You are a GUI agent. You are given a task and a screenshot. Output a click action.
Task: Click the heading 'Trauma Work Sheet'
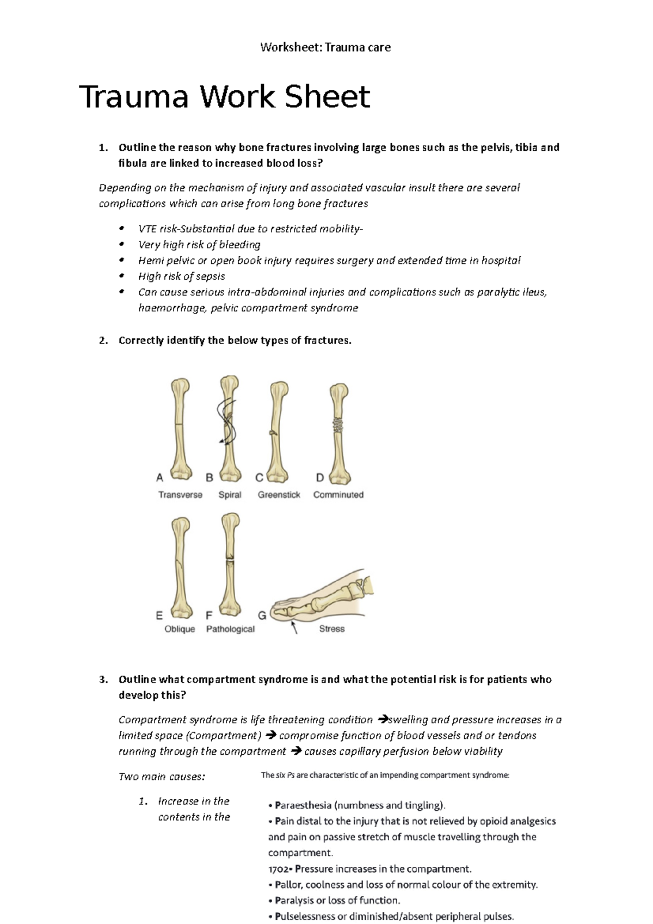(x=225, y=97)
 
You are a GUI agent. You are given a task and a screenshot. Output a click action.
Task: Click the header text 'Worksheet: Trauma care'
(x=325, y=47)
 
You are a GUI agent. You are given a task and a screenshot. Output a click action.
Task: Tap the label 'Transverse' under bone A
(x=180, y=495)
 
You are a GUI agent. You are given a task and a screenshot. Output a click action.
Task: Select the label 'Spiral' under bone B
(x=230, y=495)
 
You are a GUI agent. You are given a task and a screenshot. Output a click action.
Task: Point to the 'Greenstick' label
(x=279, y=495)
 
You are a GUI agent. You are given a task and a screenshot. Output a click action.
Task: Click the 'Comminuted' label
(x=338, y=495)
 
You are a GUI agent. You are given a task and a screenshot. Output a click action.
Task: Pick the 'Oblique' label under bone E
(x=180, y=629)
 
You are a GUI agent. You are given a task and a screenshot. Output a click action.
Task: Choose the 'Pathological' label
(x=230, y=629)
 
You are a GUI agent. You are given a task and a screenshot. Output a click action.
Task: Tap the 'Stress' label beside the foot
(x=331, y=629)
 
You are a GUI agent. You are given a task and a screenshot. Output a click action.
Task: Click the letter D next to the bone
(x=320, y=478)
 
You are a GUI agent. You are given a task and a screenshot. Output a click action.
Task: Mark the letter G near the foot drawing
(x=262, y=615)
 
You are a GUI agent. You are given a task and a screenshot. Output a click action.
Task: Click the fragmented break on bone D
(x=338, y=425)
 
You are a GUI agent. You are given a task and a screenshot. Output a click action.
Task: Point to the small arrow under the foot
(x=294, y=628)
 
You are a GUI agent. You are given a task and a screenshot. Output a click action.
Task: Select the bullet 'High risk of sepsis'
(x=181, y=276)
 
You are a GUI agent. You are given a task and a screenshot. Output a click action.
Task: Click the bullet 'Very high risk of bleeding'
(x=199, y=245)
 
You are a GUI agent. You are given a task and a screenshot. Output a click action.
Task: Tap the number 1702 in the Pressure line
(x=279, y=869)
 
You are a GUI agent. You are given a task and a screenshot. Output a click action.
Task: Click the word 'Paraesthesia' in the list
(x=303, y=805)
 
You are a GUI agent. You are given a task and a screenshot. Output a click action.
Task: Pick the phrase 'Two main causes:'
(x=162, y=777)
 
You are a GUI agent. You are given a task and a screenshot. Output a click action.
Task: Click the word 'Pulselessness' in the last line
(x=305, y=916)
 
